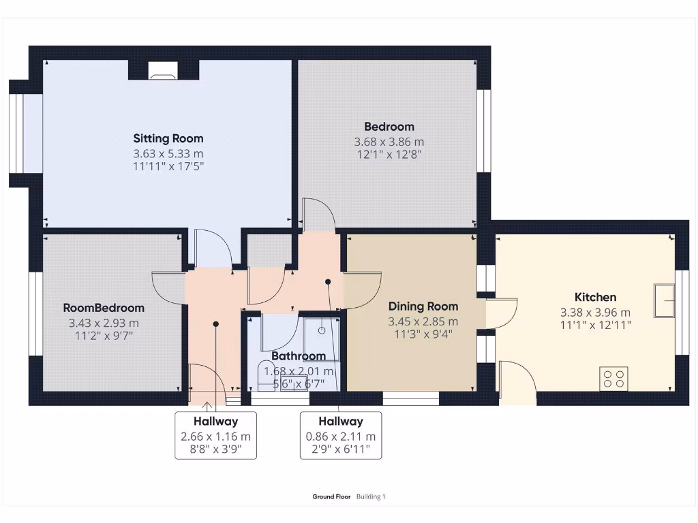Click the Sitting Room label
click(168, 138)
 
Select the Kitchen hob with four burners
click(613, 378)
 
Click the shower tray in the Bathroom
click(321, 332)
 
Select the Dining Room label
click(423, 306)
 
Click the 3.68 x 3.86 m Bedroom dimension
click(389, 142)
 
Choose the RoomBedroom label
click(104, 308)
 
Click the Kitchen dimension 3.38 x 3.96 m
click(595, 313)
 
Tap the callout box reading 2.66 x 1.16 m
click(215, 435)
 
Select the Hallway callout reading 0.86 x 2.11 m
click(340, 435)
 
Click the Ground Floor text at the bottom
click(331, 497)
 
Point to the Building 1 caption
click(371, 497)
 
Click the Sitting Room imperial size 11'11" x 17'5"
click(168, 165)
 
